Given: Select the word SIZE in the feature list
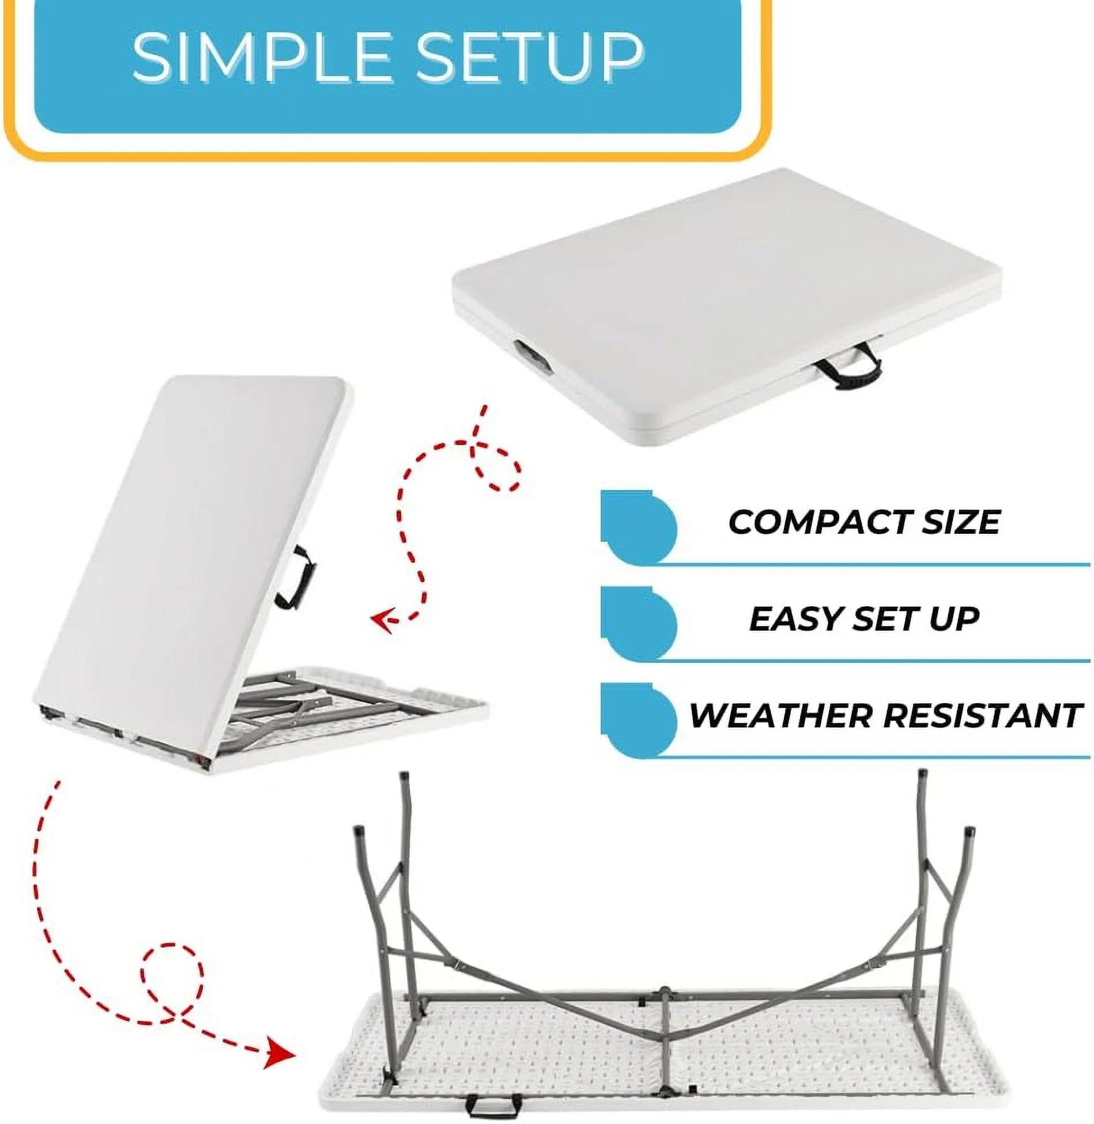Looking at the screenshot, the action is (x=948, y=522).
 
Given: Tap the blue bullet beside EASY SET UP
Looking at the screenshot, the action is (x=637, y=623).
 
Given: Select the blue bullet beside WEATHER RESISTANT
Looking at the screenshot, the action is (x=637, y=720).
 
